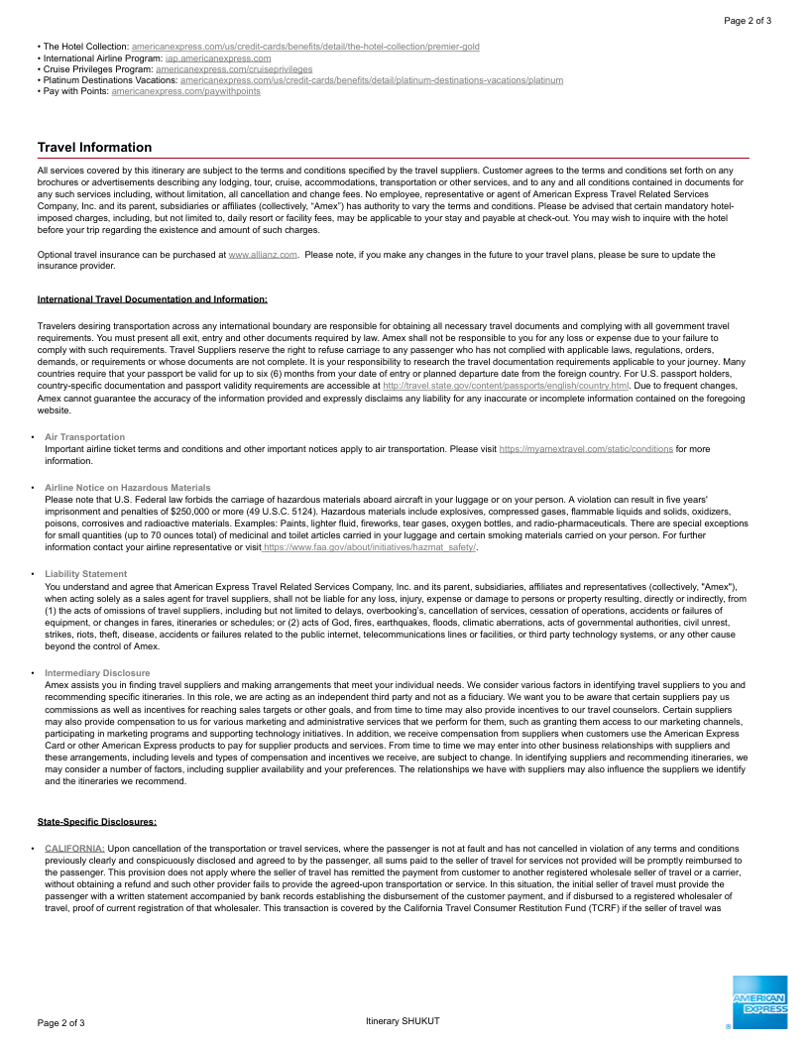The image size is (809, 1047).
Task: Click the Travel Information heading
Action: coord(94,148)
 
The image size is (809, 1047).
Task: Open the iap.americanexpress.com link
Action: coord(218,58)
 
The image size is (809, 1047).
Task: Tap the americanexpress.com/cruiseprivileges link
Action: coord(234,69)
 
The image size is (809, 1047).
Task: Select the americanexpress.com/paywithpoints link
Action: coord(186,91)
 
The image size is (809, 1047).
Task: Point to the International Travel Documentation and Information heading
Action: coord(152,298)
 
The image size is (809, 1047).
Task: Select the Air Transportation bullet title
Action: coord(85,437)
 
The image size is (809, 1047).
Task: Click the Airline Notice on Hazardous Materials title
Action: coord(128,488)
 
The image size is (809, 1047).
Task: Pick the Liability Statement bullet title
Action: coord(86,574)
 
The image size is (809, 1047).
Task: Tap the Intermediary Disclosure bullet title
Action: coord(98,672)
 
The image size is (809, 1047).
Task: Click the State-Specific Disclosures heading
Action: coord(97,821)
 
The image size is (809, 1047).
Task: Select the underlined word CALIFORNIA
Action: coord(74,849)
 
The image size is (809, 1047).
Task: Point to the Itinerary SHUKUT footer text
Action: coord(403,1021)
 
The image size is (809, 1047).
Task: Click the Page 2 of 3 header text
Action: coord(748,20)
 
